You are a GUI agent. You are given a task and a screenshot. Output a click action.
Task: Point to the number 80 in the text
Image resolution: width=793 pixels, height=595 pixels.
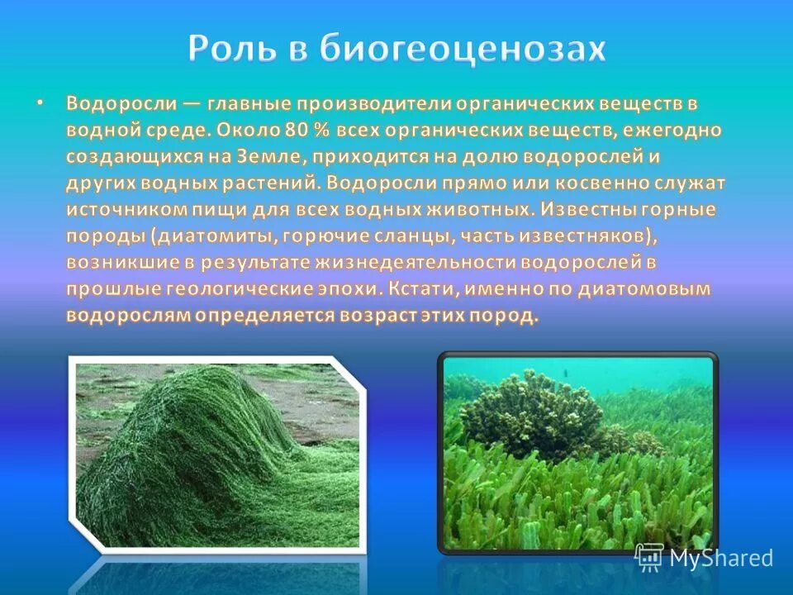293,131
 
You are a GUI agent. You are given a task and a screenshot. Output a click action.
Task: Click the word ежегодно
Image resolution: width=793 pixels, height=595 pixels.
672,131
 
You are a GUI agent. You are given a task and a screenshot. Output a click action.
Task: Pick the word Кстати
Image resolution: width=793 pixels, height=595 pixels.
422,290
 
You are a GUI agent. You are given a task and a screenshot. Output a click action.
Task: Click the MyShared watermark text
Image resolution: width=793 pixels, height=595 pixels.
720,557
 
